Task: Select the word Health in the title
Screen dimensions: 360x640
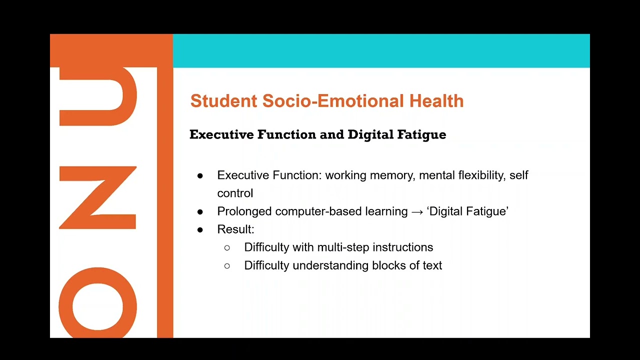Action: (x=436, y=101)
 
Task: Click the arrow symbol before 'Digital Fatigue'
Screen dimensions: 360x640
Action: (x=417, y=211)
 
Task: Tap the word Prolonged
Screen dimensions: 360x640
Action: (x=244, y=211)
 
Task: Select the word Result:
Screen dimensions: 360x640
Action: (x=235, y=229)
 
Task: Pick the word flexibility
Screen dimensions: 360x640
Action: (x=480, y=175)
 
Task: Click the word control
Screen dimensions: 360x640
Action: (x=235, y=193)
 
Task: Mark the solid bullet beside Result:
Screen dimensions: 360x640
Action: (x=200, y=229)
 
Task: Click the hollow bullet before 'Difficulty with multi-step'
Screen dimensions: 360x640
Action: (x=227, y=247)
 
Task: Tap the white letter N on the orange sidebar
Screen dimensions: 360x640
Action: (x=98, y=198)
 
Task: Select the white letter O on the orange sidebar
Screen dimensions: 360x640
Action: (x=98, y=302)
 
